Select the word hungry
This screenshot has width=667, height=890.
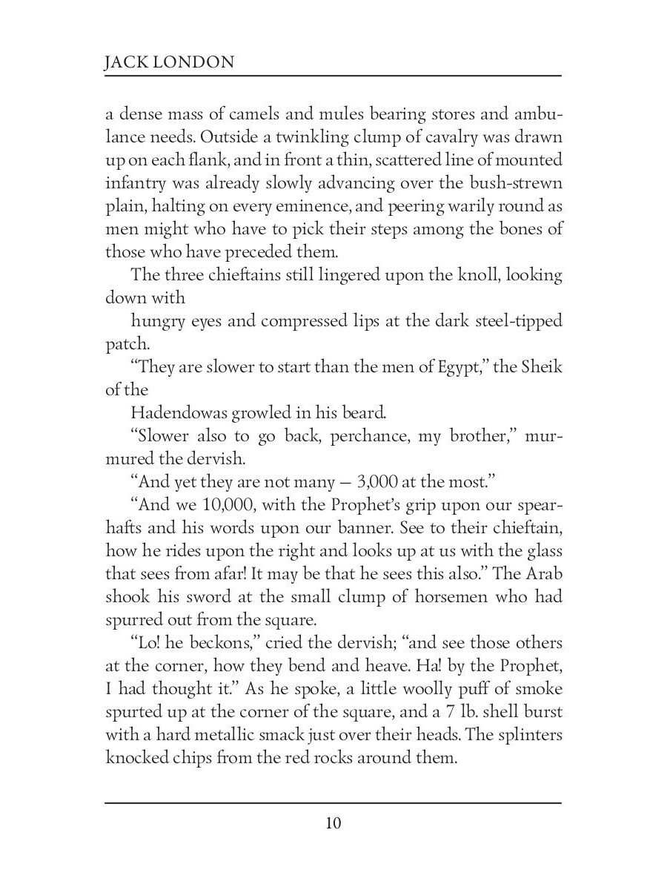pos(157,321)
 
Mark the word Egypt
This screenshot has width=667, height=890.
pos(459,369)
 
